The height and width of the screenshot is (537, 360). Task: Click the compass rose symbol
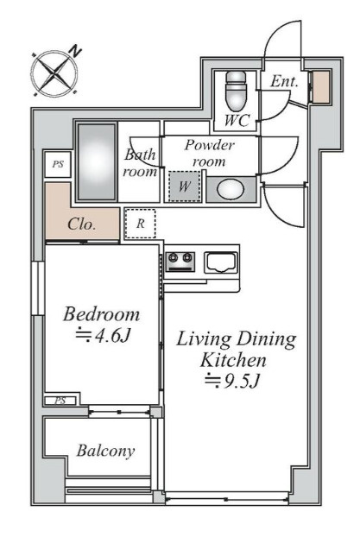pyautogui.click(x=54, y=73)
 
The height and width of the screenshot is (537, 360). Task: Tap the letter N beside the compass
pyautogui.click(x=75, y=51)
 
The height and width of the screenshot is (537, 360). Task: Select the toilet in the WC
pyautogui.click(x=236, y=90)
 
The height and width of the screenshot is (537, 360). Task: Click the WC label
pyautogui.click(x=237, y=120)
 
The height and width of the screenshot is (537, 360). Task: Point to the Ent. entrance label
pyautogui.click(x=284, y=81)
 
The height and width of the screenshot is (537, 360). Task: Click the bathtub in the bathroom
pyautogui.click(x=97, y=161)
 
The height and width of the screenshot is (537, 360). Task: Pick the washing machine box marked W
pyautogui.click(x=184, y=186)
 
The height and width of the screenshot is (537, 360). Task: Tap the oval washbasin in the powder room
pyautogui.click(x=231, y=189)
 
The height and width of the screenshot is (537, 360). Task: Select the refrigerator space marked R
pyautogui.click(x=140, y=224)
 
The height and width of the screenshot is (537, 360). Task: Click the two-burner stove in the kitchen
pyautogui.click(x=180, y=262)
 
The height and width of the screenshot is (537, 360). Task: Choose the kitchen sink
pyautogui.click(x=221, y=262)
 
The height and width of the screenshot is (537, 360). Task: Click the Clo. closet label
pyautogui.click(x=81, y=224)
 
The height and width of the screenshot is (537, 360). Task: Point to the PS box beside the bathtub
pyautogui.click(x=58, y=164)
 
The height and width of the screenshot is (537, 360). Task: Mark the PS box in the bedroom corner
pyautogui.click(x=60, y=401)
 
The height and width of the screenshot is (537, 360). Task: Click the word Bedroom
pyautogui.click(x=101, y=314)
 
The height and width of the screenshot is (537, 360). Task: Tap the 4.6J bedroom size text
pyautogui.click(x=103, y=337)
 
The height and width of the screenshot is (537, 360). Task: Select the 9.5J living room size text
pyautogui.click(x=231, y=381)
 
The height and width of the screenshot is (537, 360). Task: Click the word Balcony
pyautogui.click(x=105, y=451)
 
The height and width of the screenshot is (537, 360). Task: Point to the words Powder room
pyautogui.click(x=210, y=153)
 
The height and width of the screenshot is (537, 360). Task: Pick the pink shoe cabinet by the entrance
pyautogui.click(x=322, y=86)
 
